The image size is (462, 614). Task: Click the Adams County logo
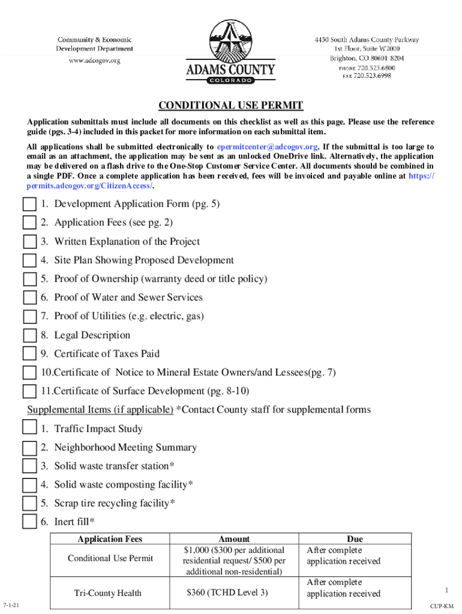pyautogui.click(x=230, y=52)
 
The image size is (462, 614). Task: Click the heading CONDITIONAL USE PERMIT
pyautogui.click(x=230, y=106)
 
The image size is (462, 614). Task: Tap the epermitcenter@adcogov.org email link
pyautogui.click(x=267, y=147)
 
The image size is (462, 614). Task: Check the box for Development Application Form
pyautogui.click(x=29, y=204)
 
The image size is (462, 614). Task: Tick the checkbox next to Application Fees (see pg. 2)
pyautogui.click(x=29, y=223)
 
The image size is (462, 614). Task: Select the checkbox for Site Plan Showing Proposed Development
pyautogui.click(x=29, y=261)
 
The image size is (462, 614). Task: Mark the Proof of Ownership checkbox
pyautogui.click(x=29, y=279)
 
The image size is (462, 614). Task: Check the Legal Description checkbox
pyautogui.click(x=29, y=336)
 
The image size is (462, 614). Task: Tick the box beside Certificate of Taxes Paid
pyautogui.click(x=29, y=354)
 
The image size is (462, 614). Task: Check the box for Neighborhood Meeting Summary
pyautogui.click(x=29, y=448)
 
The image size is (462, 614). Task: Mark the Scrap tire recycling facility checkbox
pyautogui.click(x=29, y=503)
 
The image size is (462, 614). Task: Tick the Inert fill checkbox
pyautogui.click(x=29, y=522)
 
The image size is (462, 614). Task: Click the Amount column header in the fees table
pyautogui.click(x=234, y=539)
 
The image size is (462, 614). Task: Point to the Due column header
pyautogui.click(x=355, y=539)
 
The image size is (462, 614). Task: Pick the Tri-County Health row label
pyautogui.click(x=108, y=593)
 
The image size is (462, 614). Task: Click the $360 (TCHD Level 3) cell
pyautogui.click(x=227, y=593)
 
